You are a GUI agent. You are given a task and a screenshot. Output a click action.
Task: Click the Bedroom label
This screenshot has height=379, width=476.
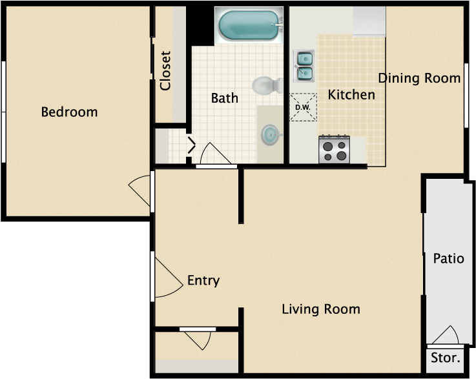pos(69,112)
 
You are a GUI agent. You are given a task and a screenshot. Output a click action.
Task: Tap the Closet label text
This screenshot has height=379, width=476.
pos(165,71)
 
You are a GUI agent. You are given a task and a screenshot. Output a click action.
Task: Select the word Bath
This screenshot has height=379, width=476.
pos(225,98)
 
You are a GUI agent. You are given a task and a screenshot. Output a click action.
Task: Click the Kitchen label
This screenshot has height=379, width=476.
pos(351,95)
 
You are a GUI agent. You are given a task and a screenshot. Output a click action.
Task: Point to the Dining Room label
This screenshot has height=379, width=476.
pos(419,78)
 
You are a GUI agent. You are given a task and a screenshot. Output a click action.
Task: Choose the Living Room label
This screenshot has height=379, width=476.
pos(321,309)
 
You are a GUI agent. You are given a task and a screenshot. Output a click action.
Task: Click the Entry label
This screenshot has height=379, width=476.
pos(203,280)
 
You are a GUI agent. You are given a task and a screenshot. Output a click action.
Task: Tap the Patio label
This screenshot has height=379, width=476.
pos(448,259)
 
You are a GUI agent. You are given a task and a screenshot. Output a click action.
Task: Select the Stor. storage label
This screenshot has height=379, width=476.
pos(445,358)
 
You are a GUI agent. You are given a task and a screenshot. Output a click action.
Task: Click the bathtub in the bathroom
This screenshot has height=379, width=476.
pos(249,25)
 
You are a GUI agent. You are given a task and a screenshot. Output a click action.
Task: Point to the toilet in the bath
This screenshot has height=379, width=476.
pos(267,85)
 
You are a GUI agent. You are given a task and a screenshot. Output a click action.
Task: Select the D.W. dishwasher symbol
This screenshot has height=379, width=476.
pos(302,107)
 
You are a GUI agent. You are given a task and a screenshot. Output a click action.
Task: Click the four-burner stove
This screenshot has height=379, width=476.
pos(334,149)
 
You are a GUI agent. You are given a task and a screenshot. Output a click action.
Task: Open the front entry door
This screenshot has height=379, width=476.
pos(168,276)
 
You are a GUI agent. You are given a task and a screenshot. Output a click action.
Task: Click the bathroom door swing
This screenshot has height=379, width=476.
pos(215,154)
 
